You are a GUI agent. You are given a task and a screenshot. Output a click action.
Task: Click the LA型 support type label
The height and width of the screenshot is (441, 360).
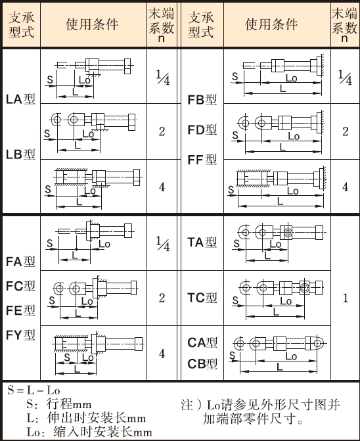pyautogui.click(x=20, y=99)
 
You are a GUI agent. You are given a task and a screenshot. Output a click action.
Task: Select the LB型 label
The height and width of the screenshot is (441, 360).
pyautogui.click(x=20, y=154)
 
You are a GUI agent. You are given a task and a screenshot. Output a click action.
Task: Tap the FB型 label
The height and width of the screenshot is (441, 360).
pyautogui.click(x=202, y=100)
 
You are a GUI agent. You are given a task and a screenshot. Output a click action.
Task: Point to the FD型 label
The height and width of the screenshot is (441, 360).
pyautogui.click(x=202, y=130)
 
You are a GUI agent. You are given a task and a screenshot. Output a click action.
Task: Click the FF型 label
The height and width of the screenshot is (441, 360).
pyautogui.click(x=202, y=160)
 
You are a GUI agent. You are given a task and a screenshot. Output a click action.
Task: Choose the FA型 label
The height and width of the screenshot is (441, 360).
pyautogui.click(x=20, y=262)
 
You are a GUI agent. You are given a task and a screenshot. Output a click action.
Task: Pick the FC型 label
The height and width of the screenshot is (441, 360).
pyautogui.click(x=20, y=286)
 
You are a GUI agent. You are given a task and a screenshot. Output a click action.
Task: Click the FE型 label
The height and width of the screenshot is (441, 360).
pyautogui.click(x=20, y=310)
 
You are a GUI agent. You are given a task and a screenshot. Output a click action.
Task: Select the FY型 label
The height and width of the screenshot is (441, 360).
pyautogui.click(x=20, y=335)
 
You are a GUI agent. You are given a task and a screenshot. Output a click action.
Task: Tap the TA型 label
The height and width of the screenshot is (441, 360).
pyautogui.click(x=202, y=242)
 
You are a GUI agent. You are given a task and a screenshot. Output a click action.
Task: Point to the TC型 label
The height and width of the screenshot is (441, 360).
pyautogui.click(x=202, y=298)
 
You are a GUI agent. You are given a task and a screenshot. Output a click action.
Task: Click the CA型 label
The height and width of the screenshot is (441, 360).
pyautogui.click(x=202, y=342)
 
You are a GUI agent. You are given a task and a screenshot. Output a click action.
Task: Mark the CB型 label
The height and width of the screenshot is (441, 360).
pyautogui.click(x=202, y=364)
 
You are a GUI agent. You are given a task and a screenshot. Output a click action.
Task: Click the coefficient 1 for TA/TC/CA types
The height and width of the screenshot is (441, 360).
pyautogui.click(x=346, y=298)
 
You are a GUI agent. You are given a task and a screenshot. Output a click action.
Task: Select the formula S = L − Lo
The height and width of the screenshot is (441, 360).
pyautogui.click(x=34, y=390)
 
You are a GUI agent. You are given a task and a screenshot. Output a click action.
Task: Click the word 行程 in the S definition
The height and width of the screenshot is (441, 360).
pyautogui.click(x=56, y=404)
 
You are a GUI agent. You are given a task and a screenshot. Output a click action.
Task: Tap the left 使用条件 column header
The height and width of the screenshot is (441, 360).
pyautogui.click(x=92, y=24)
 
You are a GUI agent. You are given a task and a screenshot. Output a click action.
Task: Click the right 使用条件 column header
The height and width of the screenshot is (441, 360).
pyautogui.click(x=271, y=24)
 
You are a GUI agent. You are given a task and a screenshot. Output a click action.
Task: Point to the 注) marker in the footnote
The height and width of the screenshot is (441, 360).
pyautogui.click(x=191, y=405)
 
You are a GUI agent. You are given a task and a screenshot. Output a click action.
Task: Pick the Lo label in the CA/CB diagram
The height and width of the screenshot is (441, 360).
pyautogui.click(x=291, y=356)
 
